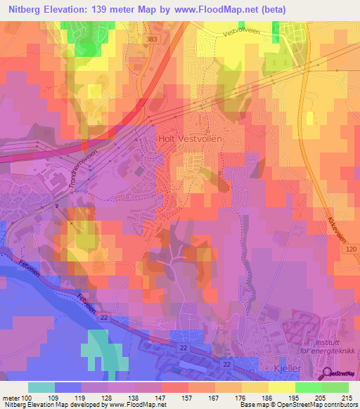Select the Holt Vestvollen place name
(189, 140)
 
